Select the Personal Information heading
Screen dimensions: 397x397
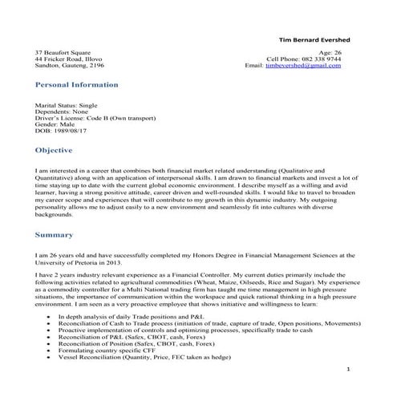point(76,84)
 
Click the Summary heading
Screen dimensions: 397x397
point(55,235)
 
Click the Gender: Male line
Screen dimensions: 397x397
point(58,127)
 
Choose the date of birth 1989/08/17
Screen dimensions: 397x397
point(75,134)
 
